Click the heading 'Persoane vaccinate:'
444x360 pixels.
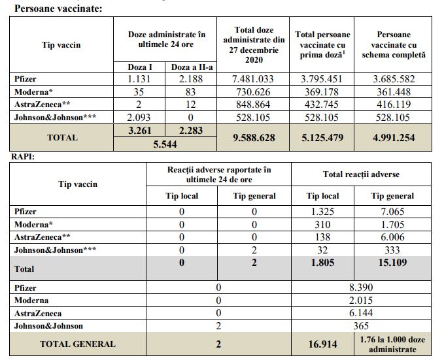click(58, 8)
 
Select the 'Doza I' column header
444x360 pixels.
click(140, 67)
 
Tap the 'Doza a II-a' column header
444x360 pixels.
click(192, 67)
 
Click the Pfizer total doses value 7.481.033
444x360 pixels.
click(253, 79)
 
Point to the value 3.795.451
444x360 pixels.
click(321, 79)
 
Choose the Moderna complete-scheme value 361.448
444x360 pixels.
click(394, 92)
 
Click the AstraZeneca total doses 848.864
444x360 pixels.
click(253, 105)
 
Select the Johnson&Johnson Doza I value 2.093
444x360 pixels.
click(139, 117)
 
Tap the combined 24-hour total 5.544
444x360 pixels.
click(165, 144)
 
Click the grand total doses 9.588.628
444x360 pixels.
click(254, 138)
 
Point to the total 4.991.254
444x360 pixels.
click(394, 138)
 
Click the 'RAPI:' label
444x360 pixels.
click(23, 157)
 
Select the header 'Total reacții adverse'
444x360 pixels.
click(361, 174)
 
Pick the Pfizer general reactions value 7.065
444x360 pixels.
click(392, 212)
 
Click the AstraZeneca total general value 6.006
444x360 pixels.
click(392, 237)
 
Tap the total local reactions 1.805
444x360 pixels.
click(322, 263)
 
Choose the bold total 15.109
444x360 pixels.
click(392, 263)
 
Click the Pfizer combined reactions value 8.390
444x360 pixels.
click(361, 287)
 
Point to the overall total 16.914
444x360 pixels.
click(322, 344)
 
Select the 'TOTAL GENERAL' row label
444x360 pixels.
click(78, 344)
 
